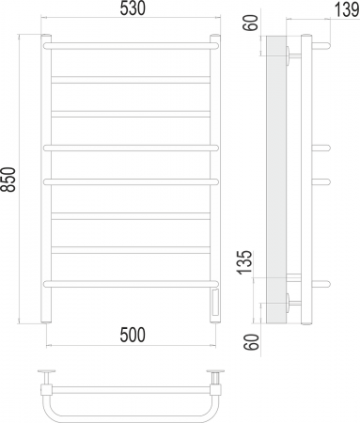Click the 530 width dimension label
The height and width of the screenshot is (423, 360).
click(x=133, y=8)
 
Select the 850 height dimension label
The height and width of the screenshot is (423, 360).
click(x=8, y=180)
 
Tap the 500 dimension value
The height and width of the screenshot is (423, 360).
click(x=133, y=335)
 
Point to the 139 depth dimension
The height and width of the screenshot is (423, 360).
click(x=347, y=9)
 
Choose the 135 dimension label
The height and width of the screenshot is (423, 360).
click(x=244, y=262)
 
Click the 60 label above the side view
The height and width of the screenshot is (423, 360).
click(x=251, y=23)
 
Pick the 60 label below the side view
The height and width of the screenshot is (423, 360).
click(x=253, y=342)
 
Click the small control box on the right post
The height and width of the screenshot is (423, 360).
click(x=215, y=303)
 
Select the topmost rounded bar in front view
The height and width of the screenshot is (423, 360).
click(x=131, y=46)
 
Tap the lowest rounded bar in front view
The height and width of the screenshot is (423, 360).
click(x=131, y=284)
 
